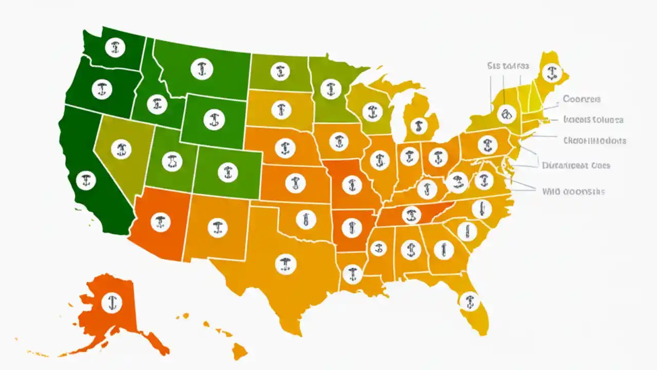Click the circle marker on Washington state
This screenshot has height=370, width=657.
tap(114, 48)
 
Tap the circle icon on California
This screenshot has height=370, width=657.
tap(86, 180)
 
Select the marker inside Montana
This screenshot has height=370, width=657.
tap(201, 68)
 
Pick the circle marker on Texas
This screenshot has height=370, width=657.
tap(285, 264)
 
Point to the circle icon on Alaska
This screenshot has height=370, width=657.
tap(111, 302)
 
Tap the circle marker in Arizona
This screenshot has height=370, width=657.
tap(161, 223)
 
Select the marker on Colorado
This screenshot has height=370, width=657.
tap(227, 172)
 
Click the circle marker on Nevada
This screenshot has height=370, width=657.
tap(121, 149)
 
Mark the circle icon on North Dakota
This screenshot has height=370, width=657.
tap(279, 71)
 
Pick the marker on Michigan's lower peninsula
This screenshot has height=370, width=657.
tap(419, 125)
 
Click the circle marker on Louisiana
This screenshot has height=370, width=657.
tap(351, 273)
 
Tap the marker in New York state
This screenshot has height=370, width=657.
tap(506, 113)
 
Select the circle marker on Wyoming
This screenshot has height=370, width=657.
tap(214, 120)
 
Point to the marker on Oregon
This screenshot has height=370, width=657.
tap(102, 89)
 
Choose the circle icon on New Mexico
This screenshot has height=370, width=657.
tap(218, 226)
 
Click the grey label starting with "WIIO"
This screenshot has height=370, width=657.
tap(573, 191)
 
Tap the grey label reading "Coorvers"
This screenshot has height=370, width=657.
tap(582, 99)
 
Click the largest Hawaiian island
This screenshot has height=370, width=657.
tap(240, 351)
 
